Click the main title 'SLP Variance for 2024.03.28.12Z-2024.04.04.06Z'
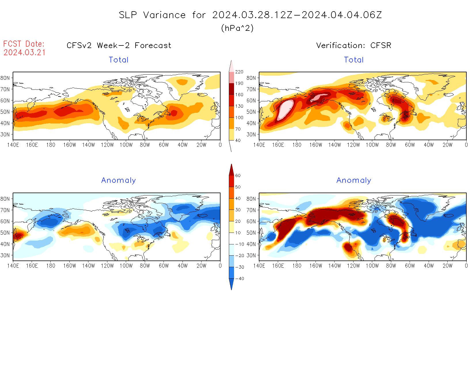(250, 15)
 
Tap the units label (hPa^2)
(237, 28)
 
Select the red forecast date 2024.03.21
(24, 52)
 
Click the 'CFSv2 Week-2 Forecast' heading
(119, 45)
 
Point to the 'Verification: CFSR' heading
(354, 45)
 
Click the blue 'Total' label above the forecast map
(119, 60)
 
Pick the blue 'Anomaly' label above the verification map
(354, 180)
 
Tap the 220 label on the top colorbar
(239, 72)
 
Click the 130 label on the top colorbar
(239, 106)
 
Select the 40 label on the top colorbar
(238, 140)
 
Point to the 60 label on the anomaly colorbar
(238, 176)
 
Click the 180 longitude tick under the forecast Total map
(51, 145)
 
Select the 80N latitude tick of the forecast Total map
(5, 78)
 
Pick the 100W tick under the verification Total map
(372, 145)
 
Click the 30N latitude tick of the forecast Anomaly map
(5, 255)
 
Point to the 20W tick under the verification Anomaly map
(447, 266)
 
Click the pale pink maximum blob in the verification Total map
(285, 109)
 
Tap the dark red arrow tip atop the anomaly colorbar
(231, 168)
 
